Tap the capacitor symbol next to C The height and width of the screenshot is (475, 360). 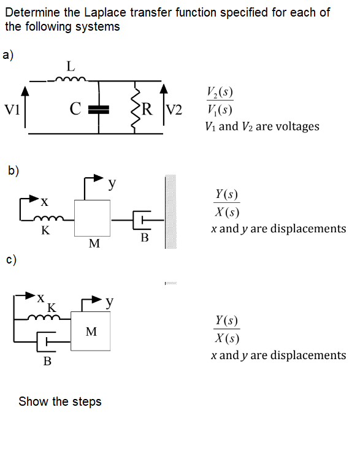pyautogui.click(x=99, y=110)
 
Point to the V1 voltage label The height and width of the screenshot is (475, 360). pyautogui.click(x=12, y=110)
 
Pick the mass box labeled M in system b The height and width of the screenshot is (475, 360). pyautogui.click(x=93, y=218)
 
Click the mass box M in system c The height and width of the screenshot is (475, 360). pyautogui.click(x=91, y=332)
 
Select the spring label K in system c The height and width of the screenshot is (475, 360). pyautogui.click(x=52, y=306)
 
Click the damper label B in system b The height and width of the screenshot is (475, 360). pyautogui.click(x=145, y=238)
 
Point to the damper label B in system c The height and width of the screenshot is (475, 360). pyautogui.click(x=47, y=362)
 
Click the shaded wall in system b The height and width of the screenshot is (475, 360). pyautogui.click(x=170, y=211)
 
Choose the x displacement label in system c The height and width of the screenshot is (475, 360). pyautogui.click(x=39, y=297)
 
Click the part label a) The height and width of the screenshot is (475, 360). pyautogui.click(x=9, y=55)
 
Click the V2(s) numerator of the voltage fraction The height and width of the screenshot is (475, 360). pyautogui.click(x=220, y=94)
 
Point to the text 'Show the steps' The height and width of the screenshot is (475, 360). pyautogui.click(x=60, y=402)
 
